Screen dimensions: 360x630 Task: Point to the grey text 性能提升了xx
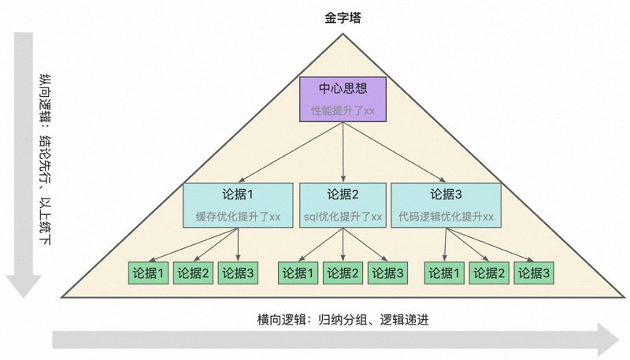[343, 110]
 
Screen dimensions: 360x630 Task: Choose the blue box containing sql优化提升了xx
[343, 206]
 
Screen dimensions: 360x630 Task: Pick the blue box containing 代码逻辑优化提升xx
[446, 206]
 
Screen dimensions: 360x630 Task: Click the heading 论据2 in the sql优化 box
[343, 195]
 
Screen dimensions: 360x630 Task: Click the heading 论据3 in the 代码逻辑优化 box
[446, 195]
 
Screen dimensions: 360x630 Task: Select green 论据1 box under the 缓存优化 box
[149, 273]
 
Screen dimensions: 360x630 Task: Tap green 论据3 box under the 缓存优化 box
[238, 273]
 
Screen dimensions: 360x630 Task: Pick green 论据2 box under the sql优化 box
[343, 273]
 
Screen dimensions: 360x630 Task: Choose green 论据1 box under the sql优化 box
[298, 273]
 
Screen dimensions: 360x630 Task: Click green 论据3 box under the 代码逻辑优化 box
[534, 273]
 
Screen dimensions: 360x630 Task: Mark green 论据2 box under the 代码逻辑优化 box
[490, 273]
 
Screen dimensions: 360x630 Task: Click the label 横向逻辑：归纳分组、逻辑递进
[343, 319]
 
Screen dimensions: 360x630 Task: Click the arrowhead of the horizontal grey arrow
[608, 340]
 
